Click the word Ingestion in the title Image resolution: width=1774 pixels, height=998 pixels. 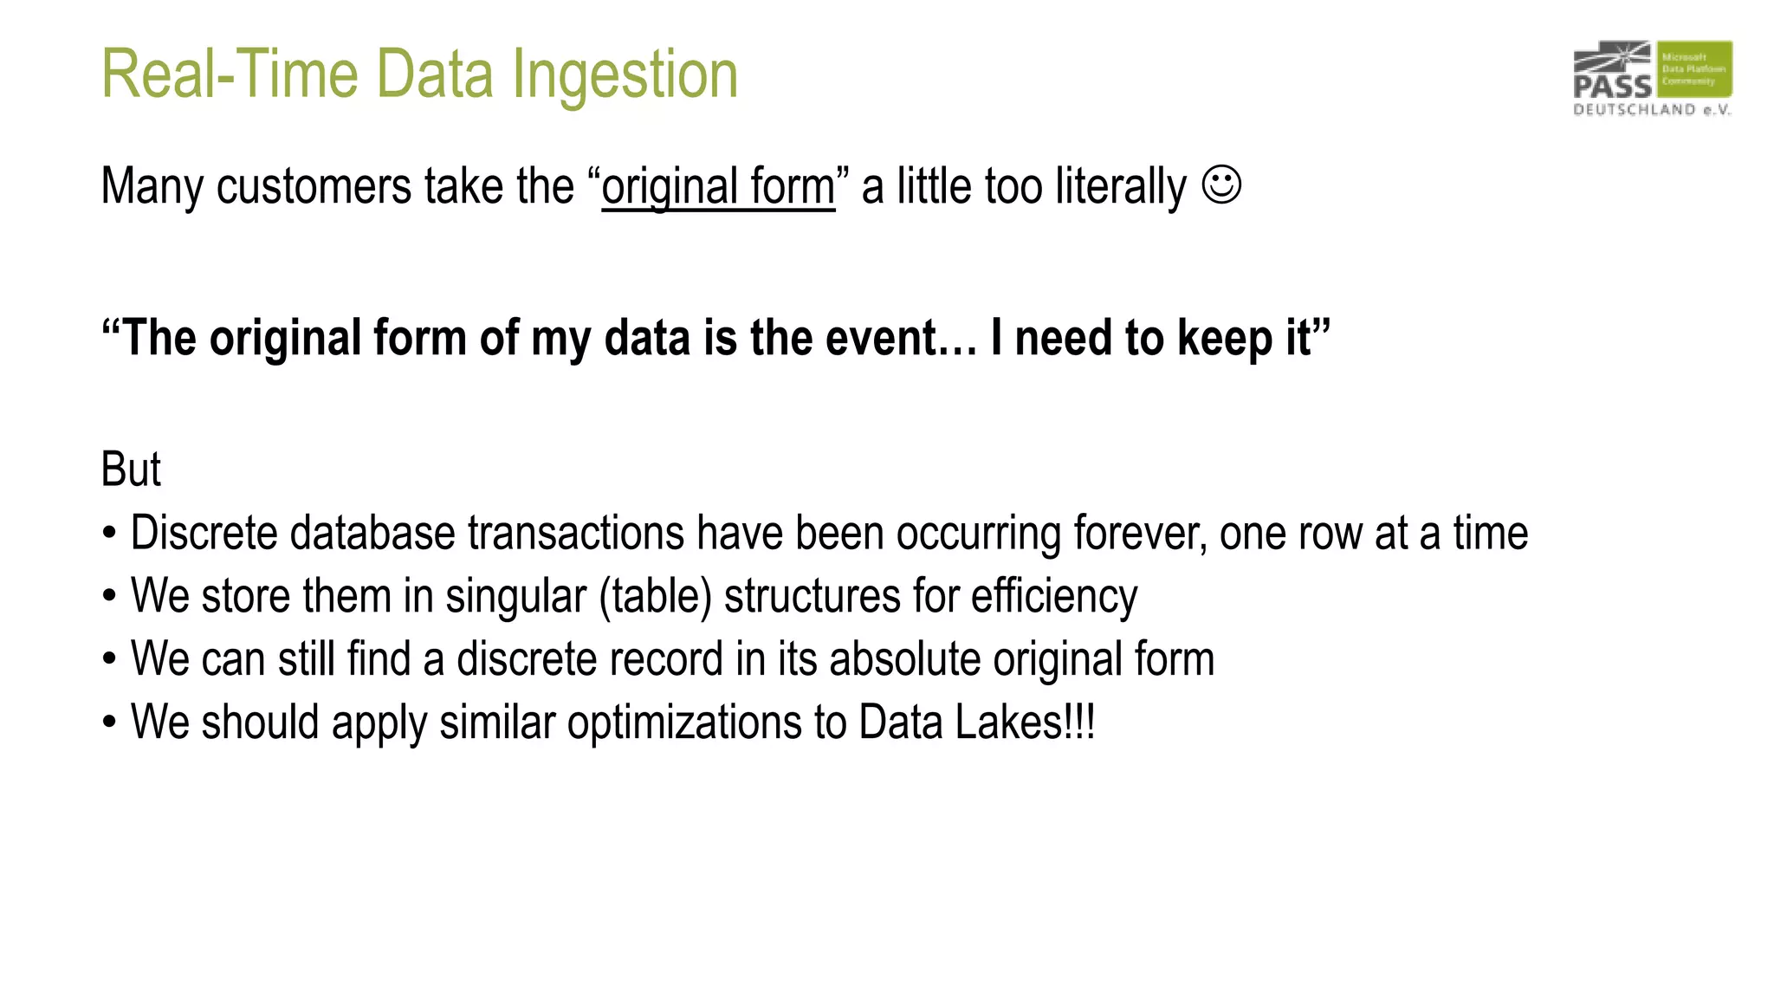(x=625, y=75)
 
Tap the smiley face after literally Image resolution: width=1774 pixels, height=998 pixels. (x=1221, y=185)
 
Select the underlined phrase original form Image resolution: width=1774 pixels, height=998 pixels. (x=718, y=186)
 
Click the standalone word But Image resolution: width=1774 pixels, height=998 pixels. (x=131, y=470)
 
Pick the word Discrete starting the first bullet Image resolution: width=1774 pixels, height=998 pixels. (x=204, y=533)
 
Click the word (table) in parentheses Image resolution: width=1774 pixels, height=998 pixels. (x=655, y=596)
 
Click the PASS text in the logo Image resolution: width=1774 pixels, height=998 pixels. (x=1612, y=86)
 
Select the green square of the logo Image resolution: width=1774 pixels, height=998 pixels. (x=1694, y=68)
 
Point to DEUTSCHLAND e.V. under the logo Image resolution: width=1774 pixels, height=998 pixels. (x=1651, y=110)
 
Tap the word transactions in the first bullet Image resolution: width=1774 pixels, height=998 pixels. (x=576, y=533)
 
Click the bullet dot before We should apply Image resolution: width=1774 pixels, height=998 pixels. (x=109, y=723)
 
